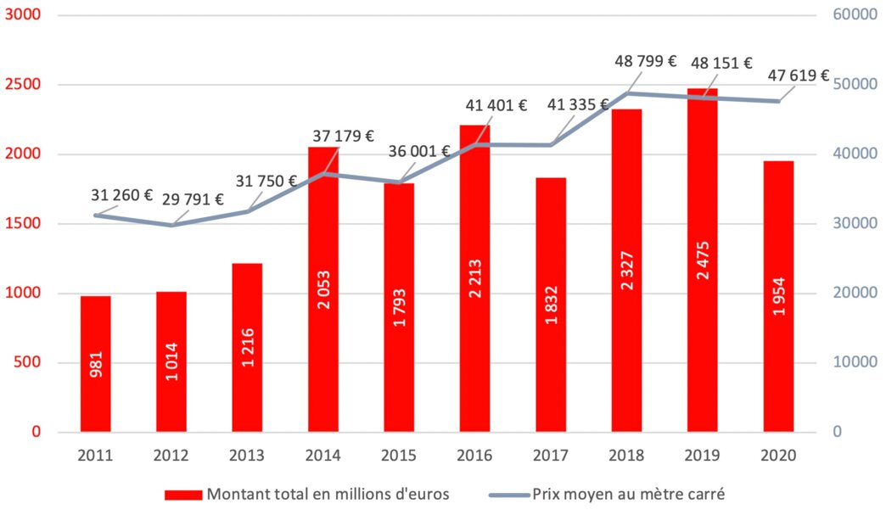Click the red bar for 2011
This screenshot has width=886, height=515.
point(95,364)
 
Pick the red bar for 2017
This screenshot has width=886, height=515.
point(551,305)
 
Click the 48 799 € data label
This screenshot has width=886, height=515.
point(647,61)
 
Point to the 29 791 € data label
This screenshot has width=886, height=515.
point(194,200)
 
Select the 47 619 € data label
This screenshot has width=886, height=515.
point(799,76)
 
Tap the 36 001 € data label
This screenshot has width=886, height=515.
point(419,151)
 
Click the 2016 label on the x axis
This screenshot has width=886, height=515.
point(474,456)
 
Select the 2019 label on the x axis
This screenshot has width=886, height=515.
point(703,456)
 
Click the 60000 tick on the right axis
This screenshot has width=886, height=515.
point(854,15)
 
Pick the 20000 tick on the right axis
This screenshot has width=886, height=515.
point(854,294)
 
